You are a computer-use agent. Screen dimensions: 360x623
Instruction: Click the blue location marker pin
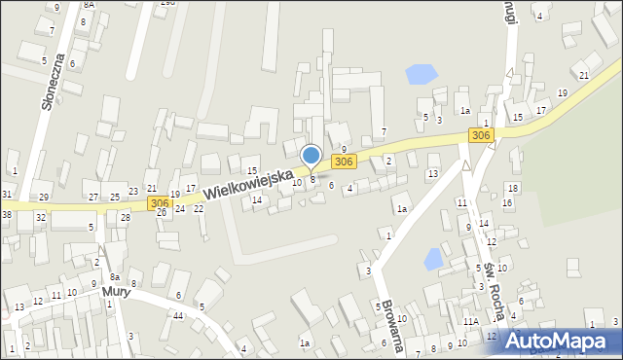(311, 156)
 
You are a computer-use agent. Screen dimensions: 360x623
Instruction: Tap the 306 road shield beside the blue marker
(343, 162)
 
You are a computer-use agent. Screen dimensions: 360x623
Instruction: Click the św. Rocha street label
(494, 292)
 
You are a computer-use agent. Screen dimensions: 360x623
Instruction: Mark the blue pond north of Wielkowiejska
(421, 73)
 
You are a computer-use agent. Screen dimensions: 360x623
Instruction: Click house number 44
(178, 316)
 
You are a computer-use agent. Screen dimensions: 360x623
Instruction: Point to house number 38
(6, 214)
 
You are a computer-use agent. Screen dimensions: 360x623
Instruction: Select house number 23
(132, 192)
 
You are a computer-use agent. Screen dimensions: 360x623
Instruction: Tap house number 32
(41, 217)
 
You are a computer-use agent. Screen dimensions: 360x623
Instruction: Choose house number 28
(125, 217)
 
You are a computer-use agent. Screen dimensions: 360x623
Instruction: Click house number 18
(511, 188)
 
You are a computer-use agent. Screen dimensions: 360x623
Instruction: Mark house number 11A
(471, 321)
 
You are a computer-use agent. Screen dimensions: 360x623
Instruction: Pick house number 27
(92, 198)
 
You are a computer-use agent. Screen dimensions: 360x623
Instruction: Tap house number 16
(507, 202)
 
